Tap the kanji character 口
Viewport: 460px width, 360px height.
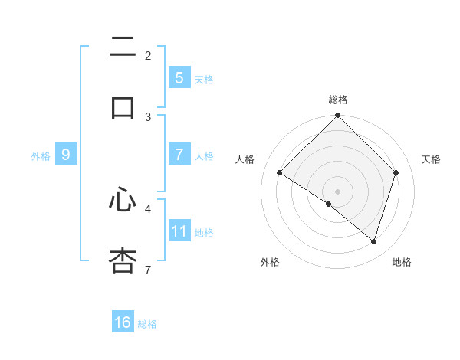pos(123,106)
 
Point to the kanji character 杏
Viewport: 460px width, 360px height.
pos(123,260)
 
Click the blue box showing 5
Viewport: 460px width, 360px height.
pos(179,78)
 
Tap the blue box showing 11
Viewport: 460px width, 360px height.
pos(179,231)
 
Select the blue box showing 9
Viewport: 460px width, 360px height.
pos(66,155)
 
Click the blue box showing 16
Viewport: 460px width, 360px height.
pos(123,322)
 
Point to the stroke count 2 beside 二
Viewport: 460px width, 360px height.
pos(148,56)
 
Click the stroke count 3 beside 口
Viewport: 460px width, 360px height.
pos(148,116)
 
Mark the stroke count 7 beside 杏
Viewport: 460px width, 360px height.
pos(148,270)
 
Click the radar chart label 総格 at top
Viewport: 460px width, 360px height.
pos(338,100)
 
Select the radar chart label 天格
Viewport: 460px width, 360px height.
pos(431,159)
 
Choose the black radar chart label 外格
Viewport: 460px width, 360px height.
pos(270,262)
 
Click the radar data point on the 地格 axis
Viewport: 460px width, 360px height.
pos(374,241)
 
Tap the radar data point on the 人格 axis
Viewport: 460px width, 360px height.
pos(280,173)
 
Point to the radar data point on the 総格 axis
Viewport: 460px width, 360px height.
pos(338,116)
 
